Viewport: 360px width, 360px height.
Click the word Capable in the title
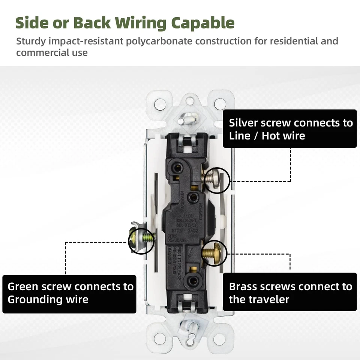click(x=203, y=23)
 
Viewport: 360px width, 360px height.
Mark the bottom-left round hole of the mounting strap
click(x=160, y=339)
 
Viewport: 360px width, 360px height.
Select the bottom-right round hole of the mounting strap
click(x=220, y=339)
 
